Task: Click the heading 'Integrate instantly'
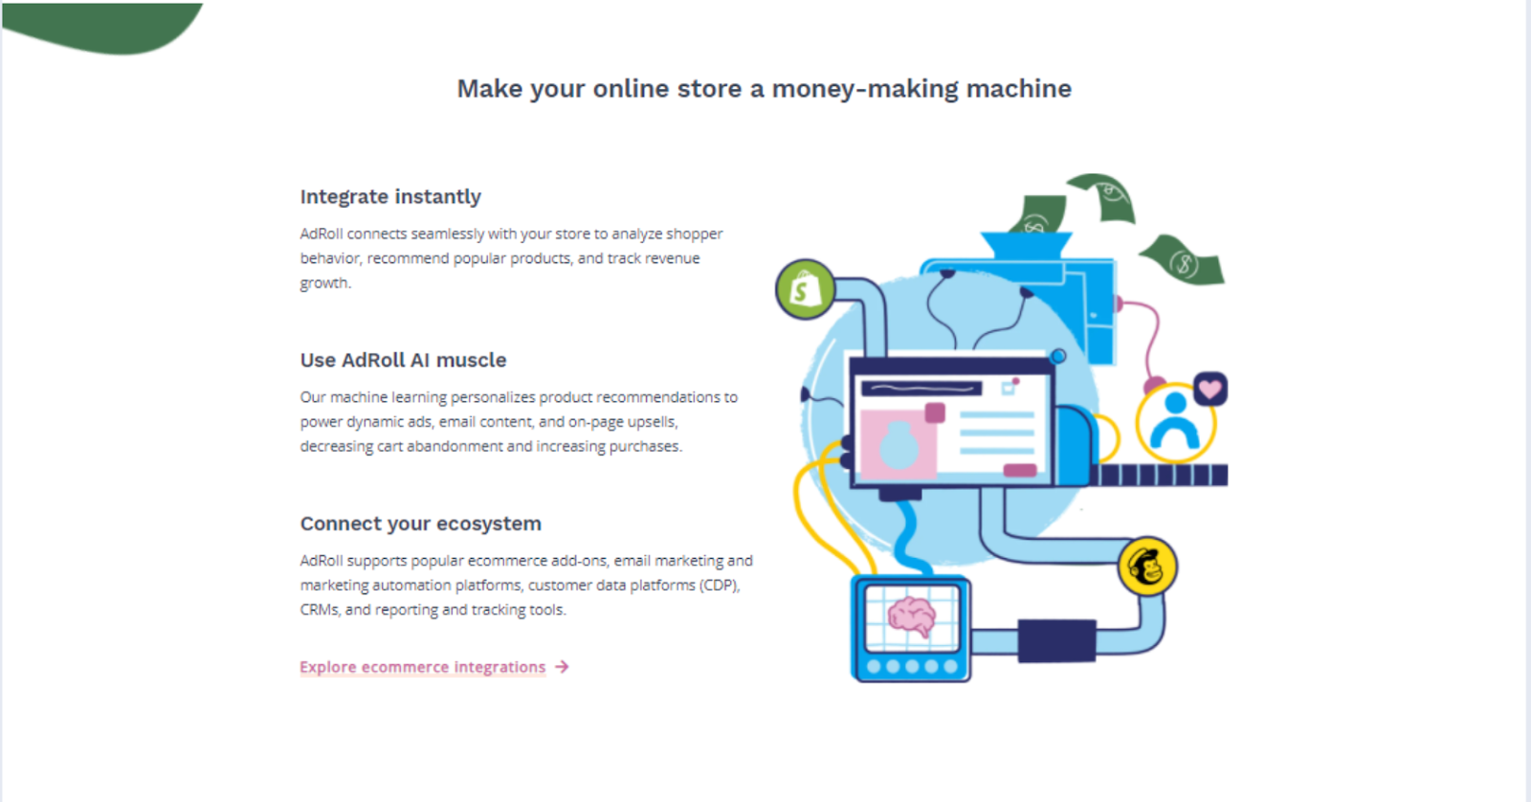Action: (390, 196)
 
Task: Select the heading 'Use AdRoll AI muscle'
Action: (403, 360)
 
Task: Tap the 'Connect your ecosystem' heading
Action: (420, 524)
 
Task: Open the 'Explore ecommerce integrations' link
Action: (422, 667)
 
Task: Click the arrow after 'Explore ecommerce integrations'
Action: (562, 667)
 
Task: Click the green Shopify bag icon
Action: (805, 289)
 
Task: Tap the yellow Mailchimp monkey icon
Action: (1147, 567)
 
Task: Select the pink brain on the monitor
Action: (911, 616)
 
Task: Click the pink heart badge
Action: (1210, 390)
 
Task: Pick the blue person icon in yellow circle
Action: (1175, 422)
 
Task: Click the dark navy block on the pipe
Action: (1056, 641)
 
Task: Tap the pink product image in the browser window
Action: (898, 442)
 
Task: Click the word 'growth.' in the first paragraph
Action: (325, 283)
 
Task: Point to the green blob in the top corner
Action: (102, 27)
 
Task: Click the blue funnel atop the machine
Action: (1026, 244)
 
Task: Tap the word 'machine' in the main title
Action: (1019, 89)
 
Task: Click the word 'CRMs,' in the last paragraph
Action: (320, 610)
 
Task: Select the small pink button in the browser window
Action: (1019, 470)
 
